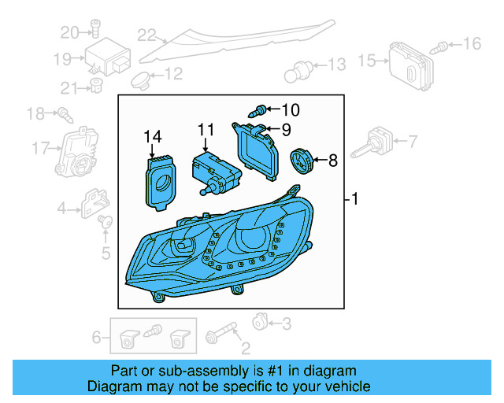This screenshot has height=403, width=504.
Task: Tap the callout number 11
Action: (206, 129)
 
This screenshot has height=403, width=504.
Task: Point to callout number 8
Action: (332, 161)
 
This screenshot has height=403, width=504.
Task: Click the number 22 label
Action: (146, 35)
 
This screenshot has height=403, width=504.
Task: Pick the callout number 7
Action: (413, 142)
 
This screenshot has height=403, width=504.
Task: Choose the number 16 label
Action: (472, 43)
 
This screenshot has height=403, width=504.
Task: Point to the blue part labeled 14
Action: (161, 180)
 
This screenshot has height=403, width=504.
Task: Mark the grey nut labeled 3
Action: (259, 321)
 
